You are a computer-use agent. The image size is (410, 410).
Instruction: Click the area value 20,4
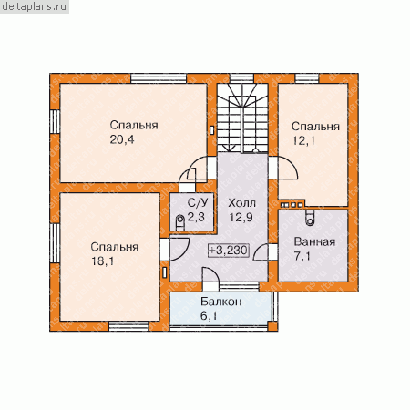(122, 139)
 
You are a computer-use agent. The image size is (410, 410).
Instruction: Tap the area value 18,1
(103, 261)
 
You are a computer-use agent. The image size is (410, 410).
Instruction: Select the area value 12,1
(303, 141)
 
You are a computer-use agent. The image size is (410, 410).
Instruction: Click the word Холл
(241, 203)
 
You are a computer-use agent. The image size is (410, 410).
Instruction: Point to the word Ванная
(314, 242)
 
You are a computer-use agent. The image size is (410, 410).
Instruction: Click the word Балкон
(221, 302)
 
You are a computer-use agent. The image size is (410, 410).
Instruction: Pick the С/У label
(198, 202)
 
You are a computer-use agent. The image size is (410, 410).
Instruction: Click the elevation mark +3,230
(229, 251)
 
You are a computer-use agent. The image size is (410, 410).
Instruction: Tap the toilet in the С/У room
(180, 221)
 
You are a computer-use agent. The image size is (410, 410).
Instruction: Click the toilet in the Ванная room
(310, 218)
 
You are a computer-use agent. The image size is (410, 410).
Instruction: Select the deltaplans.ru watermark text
(34, 6)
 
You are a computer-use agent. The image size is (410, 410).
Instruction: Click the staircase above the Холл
(242, 118)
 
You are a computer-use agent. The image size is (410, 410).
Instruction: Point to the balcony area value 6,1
(209, 316)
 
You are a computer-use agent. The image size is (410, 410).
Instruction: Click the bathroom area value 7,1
(302, 257)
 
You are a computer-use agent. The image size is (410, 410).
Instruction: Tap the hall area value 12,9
(241, 218)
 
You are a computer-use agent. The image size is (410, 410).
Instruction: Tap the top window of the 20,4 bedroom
(159, 78)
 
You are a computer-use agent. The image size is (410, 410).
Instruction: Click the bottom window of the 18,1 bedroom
(128, 326)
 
